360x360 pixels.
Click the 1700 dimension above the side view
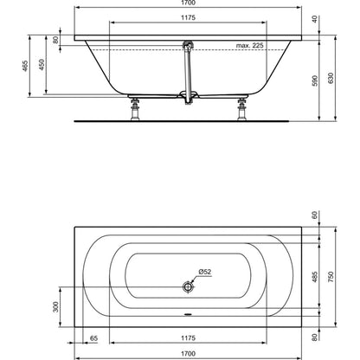pyautogui.click(x=188, y=3)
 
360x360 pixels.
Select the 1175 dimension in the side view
pyautogui.click(x=188, y=17)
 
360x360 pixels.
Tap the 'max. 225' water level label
pyautogui.click(x=249, y=45)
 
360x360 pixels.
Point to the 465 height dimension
pyautogui.click(x=25, y=66)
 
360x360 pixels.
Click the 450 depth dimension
pyautogui.click(x=42, y=65)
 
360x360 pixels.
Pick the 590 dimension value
pyautogui.click(x=315, y=80)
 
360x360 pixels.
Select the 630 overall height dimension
pyautogui.click(x=331, y=78)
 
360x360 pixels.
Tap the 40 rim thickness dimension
pyautogui.click(x=315, y=19)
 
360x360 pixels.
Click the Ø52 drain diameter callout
pyautogui.click(x=205, y=272)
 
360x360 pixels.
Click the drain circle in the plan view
pyautogui.click(x=188, y=286)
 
